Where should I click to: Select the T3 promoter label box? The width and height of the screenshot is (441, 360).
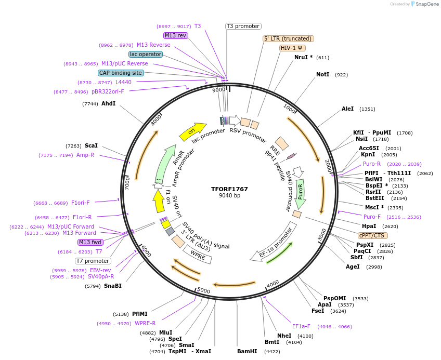243,26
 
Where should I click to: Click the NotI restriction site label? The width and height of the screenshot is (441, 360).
323,75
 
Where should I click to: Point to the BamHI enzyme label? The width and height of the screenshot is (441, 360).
247,351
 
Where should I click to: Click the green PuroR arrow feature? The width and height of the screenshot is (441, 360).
301,193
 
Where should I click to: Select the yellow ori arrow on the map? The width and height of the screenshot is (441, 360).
192,132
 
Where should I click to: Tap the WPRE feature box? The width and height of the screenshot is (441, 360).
198,255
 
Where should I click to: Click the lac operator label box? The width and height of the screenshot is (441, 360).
145,54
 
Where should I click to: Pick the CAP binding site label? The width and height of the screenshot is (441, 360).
121,73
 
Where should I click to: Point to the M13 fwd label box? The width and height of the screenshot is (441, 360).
90,242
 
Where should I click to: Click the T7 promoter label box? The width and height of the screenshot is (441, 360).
93,261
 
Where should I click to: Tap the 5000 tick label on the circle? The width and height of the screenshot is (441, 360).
203,290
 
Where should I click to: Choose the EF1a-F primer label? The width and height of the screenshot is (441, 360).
301,326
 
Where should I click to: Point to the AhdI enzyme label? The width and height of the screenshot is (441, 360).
108,104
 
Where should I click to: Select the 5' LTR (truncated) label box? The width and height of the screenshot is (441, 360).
288,38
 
